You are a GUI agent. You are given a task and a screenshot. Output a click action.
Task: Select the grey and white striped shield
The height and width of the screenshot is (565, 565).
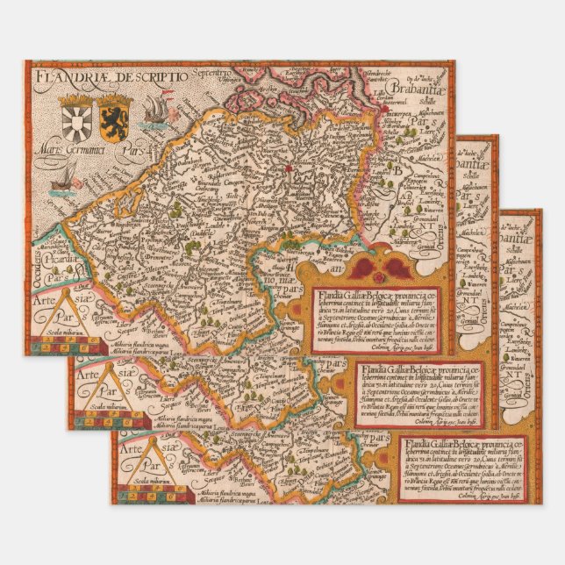pos(73,114)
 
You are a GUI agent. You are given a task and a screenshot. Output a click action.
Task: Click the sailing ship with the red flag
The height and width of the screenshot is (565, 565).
pos(152,110)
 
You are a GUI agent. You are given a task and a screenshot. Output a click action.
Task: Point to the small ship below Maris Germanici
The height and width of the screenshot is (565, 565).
pos(62,182)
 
